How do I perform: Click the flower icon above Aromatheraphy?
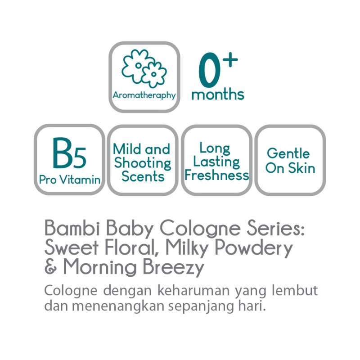(144, 68)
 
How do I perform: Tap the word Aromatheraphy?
(144, 95)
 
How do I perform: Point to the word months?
(218, 94)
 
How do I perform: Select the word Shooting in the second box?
(142, 163)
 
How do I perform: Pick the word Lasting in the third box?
(217, 162)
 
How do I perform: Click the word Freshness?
(216, 175)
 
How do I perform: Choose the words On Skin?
(290, 168)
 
